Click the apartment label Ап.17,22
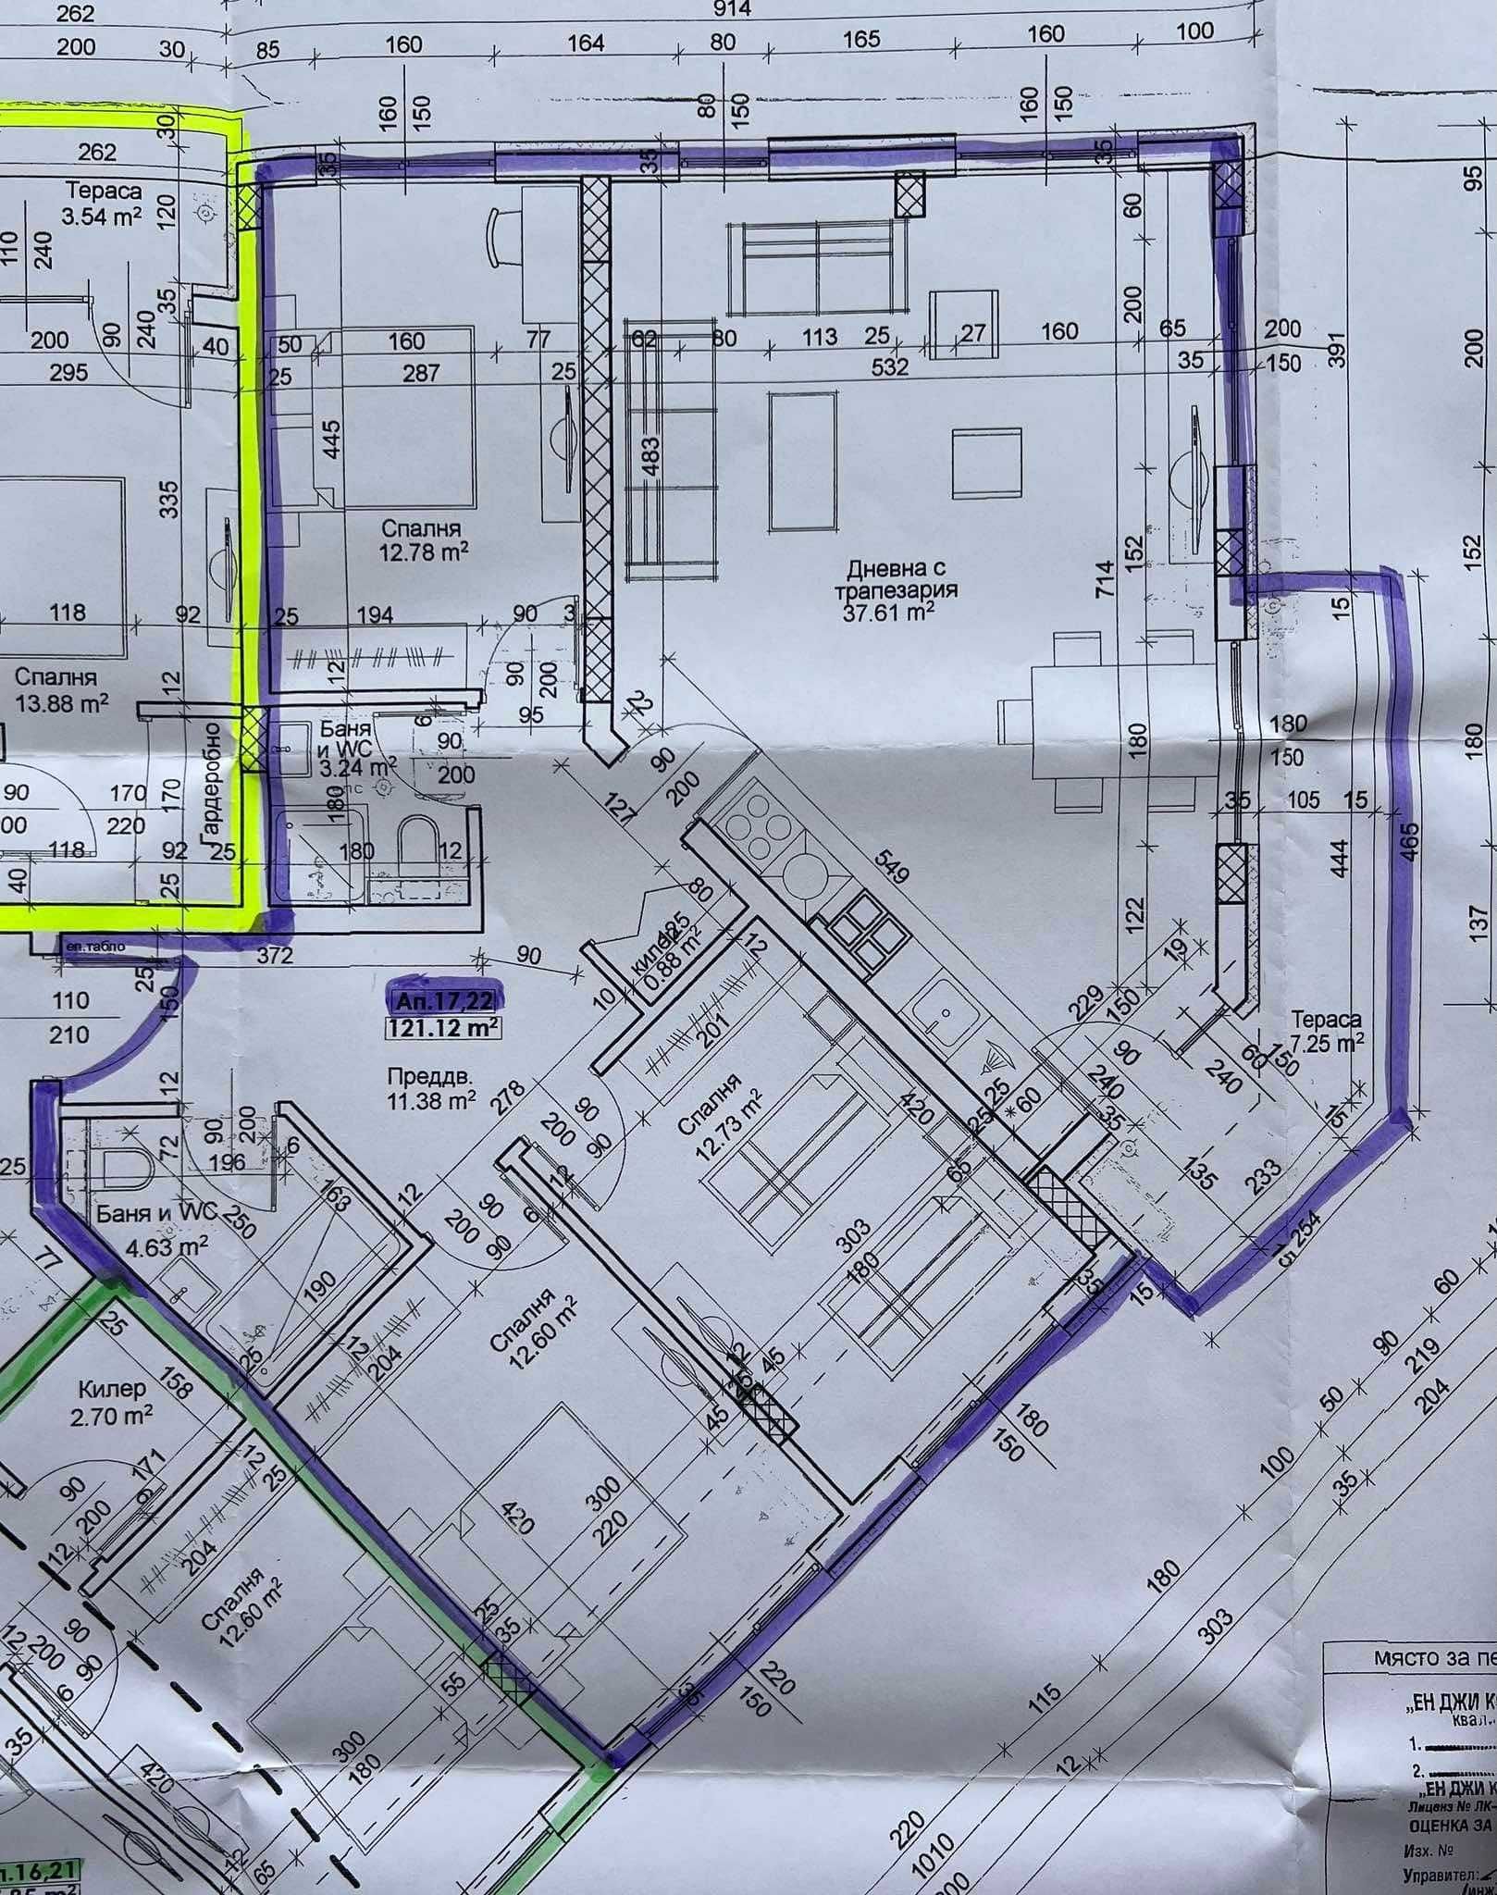(445, 1000)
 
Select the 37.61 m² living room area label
(887, 611)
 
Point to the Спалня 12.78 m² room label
(421, 541)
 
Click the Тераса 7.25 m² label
(1326, 1031)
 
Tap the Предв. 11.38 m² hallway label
(431, 1088)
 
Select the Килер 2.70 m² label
(112, 1402)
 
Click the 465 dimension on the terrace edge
(1410, 841)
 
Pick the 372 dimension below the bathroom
(276, 954)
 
